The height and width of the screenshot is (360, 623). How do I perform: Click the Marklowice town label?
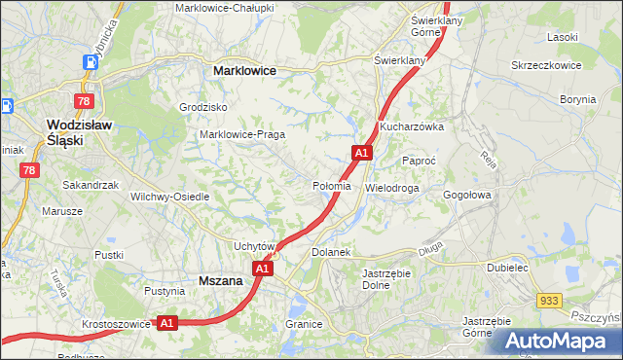244,71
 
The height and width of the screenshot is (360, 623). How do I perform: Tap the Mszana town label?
219,280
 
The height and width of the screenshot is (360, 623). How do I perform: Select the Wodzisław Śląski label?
79,132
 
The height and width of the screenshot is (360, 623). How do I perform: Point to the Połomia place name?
331,186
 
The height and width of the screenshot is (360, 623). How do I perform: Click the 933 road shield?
549,302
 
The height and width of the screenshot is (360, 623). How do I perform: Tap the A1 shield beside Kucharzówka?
361,153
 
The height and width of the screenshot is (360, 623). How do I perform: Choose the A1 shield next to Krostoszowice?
166,322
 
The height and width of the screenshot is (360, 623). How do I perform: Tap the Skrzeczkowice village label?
546,65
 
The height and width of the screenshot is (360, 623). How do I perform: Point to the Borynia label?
578,99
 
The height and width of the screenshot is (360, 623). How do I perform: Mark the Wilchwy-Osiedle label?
170,196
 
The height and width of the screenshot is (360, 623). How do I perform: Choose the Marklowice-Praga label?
240,134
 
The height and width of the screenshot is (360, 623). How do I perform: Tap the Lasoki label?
563,37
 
